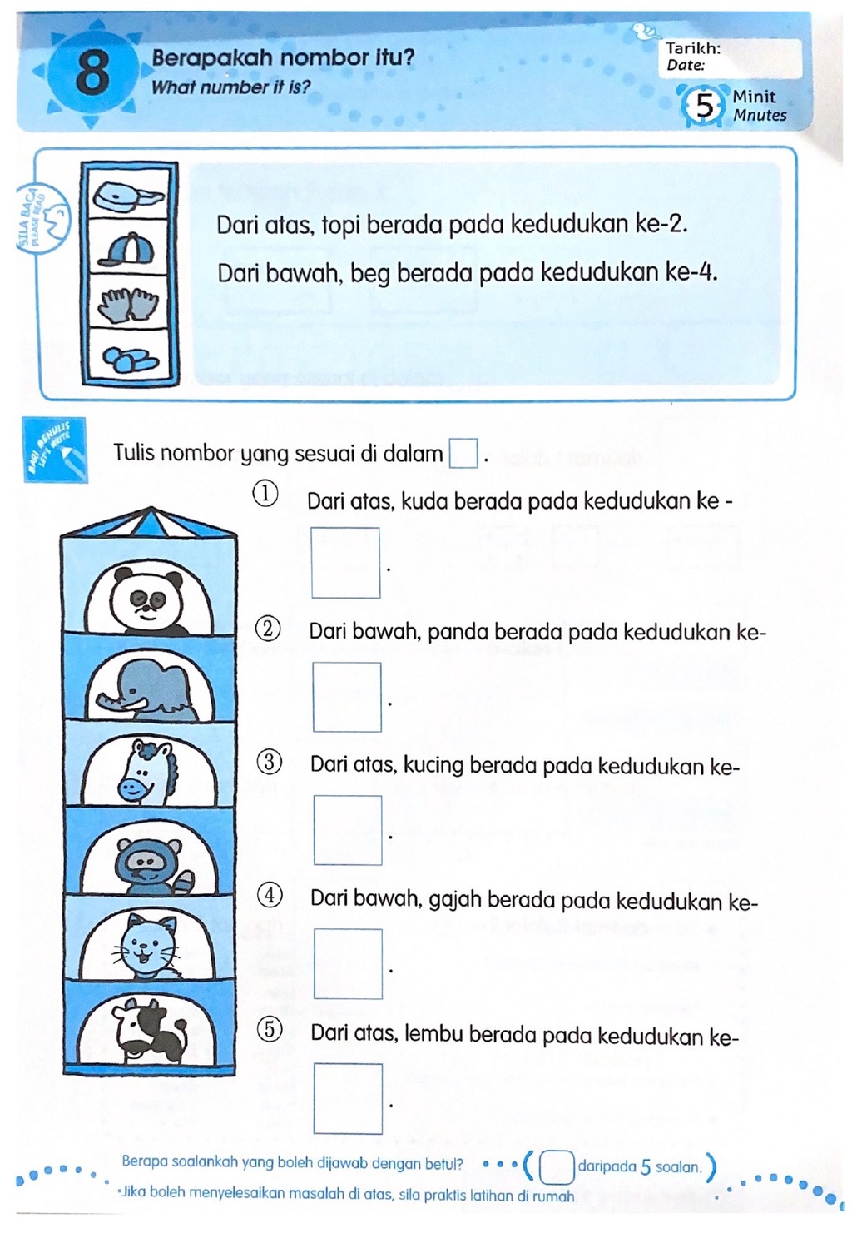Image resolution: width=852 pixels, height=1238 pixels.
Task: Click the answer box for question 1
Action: click(x=345, y=563)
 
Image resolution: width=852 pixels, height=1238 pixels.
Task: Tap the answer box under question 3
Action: click(x=348, y=830)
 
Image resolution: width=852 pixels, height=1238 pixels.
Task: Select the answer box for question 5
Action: click(x=348, y=1098)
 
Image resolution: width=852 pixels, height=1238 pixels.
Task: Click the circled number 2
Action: click(x=267, y=629)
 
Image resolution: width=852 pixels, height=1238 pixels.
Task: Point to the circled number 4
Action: click(x=269, y=897)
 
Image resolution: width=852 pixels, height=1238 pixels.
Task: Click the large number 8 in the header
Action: click(x=92, y=72)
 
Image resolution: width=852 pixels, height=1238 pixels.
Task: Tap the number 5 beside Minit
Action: click(x=704, y=107)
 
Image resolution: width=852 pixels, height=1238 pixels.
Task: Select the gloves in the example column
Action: click(x=129, y=304)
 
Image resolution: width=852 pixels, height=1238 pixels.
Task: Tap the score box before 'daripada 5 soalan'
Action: click(x=557, y=1166)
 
